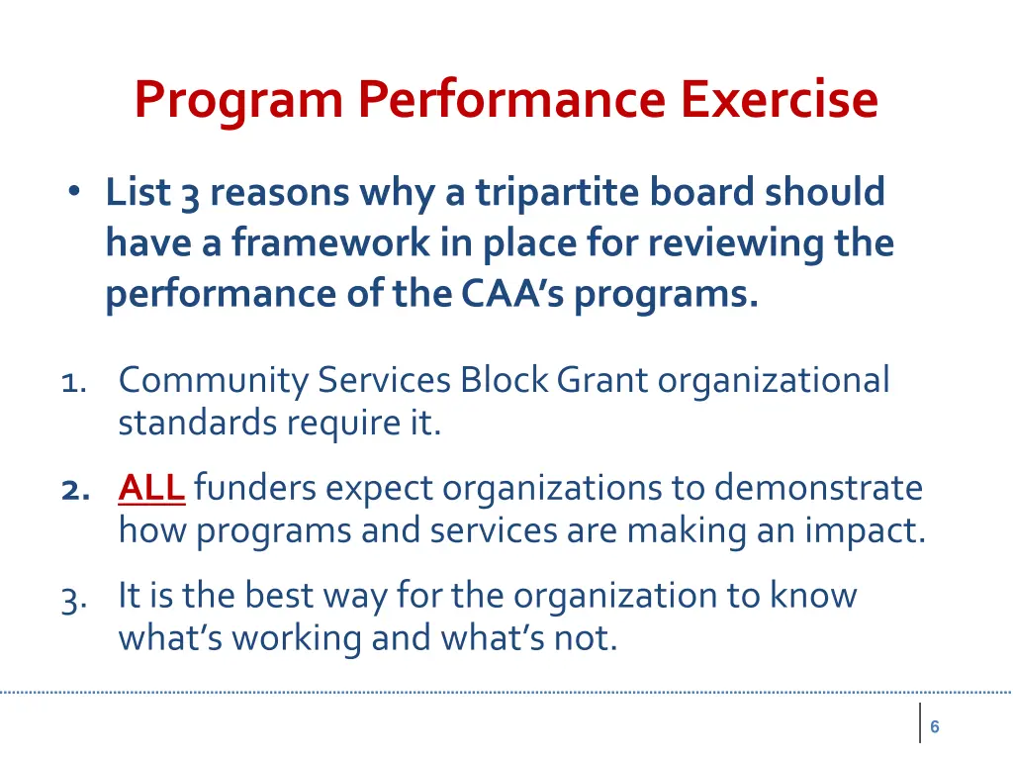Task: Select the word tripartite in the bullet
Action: point(558,192)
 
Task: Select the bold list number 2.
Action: point(72,489)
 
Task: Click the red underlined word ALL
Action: point(151,488)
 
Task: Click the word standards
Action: point(199,423)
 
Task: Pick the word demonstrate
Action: point(818,488)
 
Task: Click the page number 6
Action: point(934,727)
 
